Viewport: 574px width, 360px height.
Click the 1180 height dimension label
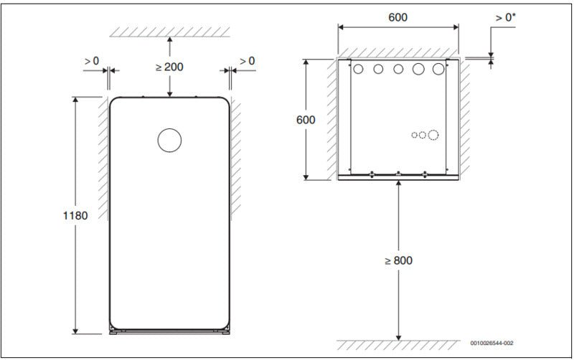(x=75, y=215)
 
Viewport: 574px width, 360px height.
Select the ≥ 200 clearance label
(x=169, y=67)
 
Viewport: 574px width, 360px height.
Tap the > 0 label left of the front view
(x=92, y=61)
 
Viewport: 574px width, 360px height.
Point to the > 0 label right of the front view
(x=247, y=61)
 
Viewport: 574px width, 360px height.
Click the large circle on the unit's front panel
(x=169, y=140)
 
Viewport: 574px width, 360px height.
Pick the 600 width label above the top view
(x=397, y=17)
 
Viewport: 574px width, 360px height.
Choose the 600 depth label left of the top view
(x=306, y=120)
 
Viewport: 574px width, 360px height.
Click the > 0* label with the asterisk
(x=505, y=17)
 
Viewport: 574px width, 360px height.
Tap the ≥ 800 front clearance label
(x=399, y=260)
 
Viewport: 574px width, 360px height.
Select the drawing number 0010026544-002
(x=491, y=344)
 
